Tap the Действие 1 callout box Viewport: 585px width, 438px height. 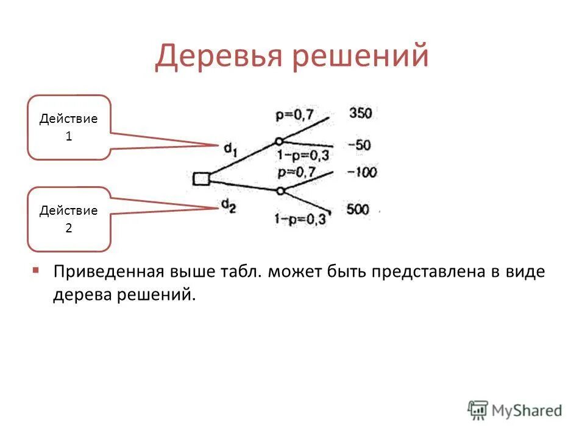click(69, 128)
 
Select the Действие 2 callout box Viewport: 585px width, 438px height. click(69, 219)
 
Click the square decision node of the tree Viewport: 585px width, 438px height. click(201, 179)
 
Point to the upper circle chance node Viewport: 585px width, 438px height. click(279, 141)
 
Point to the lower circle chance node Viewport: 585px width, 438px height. click(280, 191)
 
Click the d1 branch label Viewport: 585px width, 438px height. click(230, 148)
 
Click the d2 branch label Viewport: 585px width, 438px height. click(229, 207)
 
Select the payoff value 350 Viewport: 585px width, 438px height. click(361, 113)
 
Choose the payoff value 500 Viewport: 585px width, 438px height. click(358, 209)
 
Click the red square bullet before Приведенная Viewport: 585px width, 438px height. click(37, 269)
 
